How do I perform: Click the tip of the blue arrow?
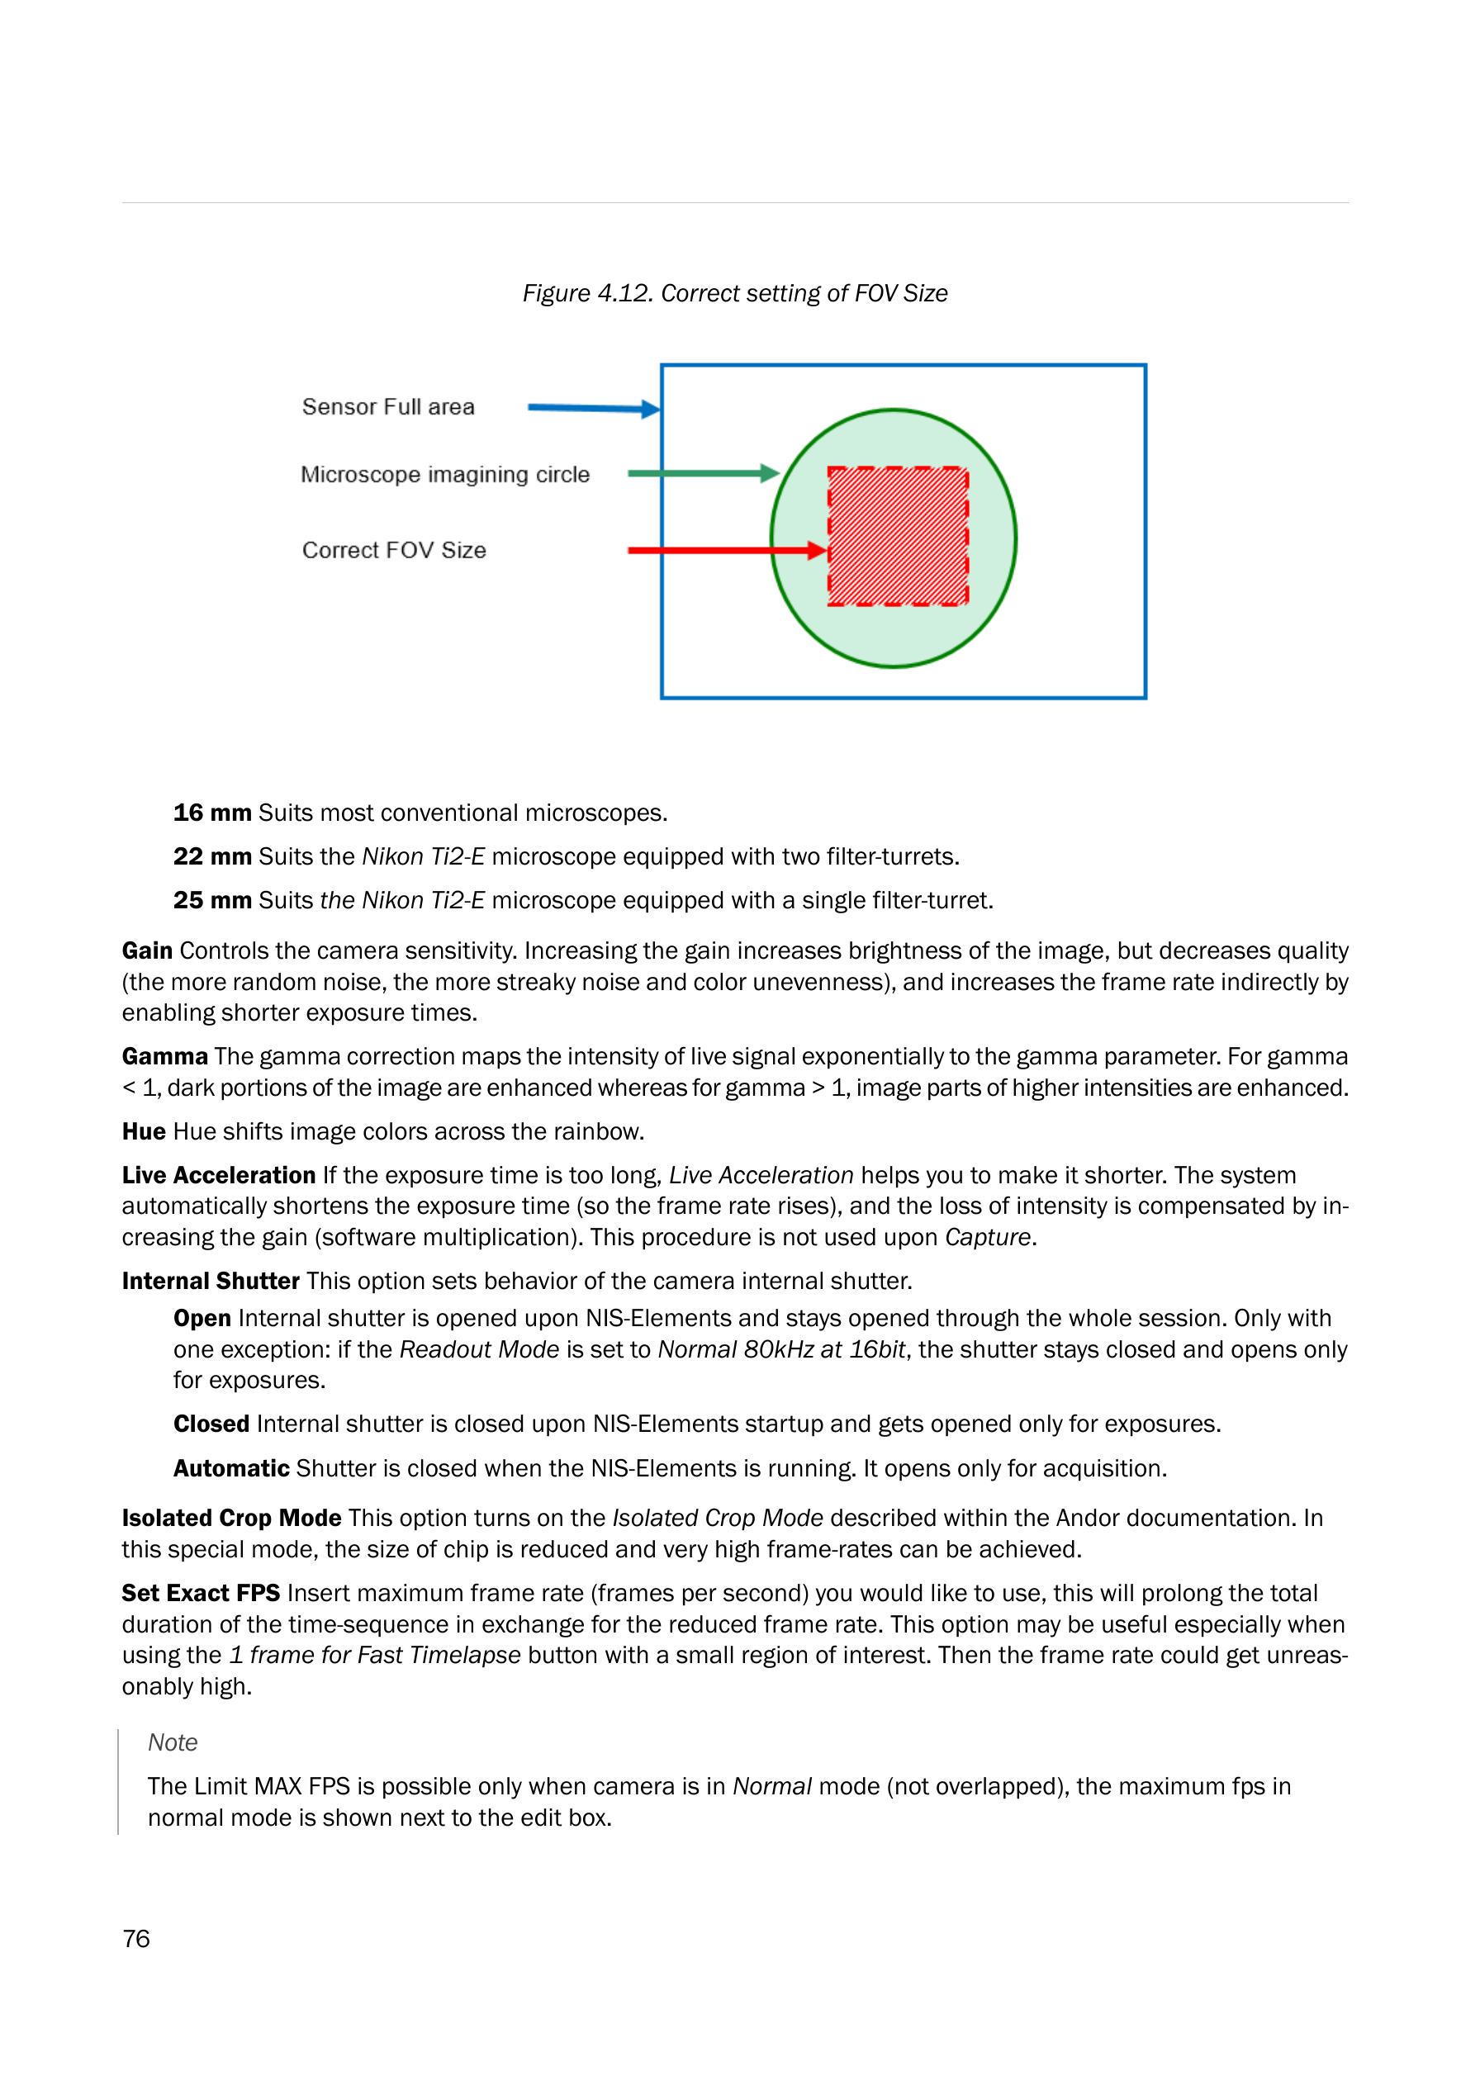tap(660, 410)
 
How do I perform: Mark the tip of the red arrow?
tap(828, 550)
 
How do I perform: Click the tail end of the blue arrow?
tap(529, 407)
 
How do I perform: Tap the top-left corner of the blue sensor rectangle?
tap(662, 365)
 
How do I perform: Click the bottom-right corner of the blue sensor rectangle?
tap(1146, 698)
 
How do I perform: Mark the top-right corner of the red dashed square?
tap(967, 468)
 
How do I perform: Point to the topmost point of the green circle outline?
tap(893, 409)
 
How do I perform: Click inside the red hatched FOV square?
tap(898, 537)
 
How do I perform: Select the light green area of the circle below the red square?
tap(894, 636)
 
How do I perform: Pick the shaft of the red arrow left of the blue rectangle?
tap(644, 550)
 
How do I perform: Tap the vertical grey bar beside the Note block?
tap(118, 1781)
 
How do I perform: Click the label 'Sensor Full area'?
tap(388, 406)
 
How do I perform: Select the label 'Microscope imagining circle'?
tap(446, 475)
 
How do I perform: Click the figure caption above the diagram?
tap(734, 293)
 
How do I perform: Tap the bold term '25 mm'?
tap(212, 900)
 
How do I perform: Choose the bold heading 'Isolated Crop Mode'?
tap(231, 1518)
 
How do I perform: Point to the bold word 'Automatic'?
tap(231, 1469)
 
